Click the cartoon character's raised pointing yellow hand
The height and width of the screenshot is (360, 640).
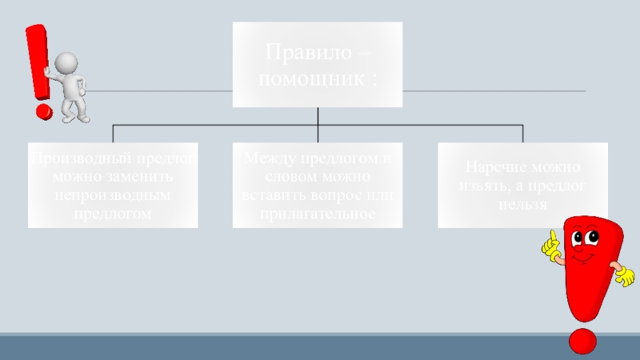[550, 244]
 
